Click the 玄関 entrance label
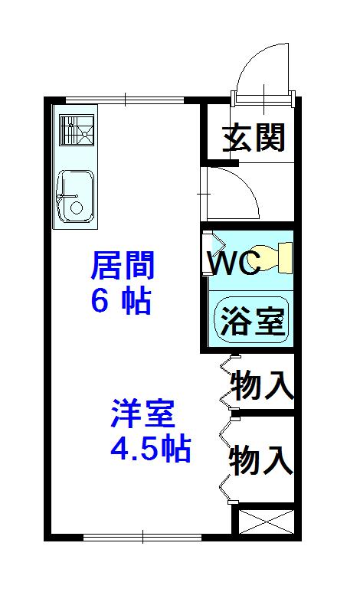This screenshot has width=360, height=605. [254, 137]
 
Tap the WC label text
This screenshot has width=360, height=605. [234, 263]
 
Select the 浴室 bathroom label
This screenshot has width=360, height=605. [252, 321]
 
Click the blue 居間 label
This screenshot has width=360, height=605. [123, 265]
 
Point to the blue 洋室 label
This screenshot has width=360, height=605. [142, 414]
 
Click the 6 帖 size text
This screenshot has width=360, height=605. [121, 301]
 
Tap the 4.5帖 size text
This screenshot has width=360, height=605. [151, 448]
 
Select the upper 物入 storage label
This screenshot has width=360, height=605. [263, 384]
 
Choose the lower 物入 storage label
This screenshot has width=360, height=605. [261, 460]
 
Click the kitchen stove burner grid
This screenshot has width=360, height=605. [77, 130]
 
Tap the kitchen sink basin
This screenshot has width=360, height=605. [75, 196]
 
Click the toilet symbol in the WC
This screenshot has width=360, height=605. [271, 258]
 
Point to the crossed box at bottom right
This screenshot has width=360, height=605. [267, 522]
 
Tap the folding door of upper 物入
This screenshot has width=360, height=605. [227, 382]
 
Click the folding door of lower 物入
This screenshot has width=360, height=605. [227, 461]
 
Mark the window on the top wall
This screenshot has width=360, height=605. [125, 100]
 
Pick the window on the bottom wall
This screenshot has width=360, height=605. [142, 537]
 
